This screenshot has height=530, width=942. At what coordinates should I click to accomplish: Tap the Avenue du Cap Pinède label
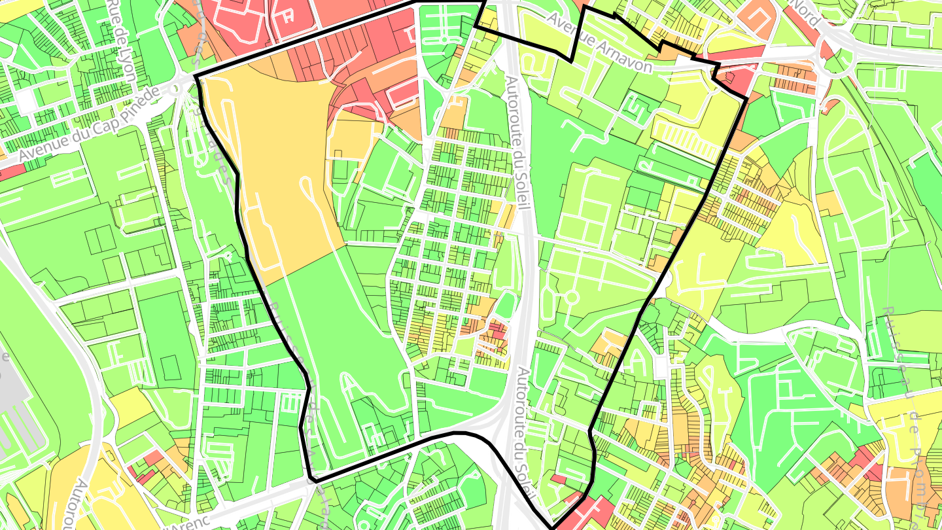point(88,125)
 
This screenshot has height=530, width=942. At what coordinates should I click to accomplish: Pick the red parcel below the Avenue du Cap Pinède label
point(13,172)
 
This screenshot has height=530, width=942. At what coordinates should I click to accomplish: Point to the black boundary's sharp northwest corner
point(196,76)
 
